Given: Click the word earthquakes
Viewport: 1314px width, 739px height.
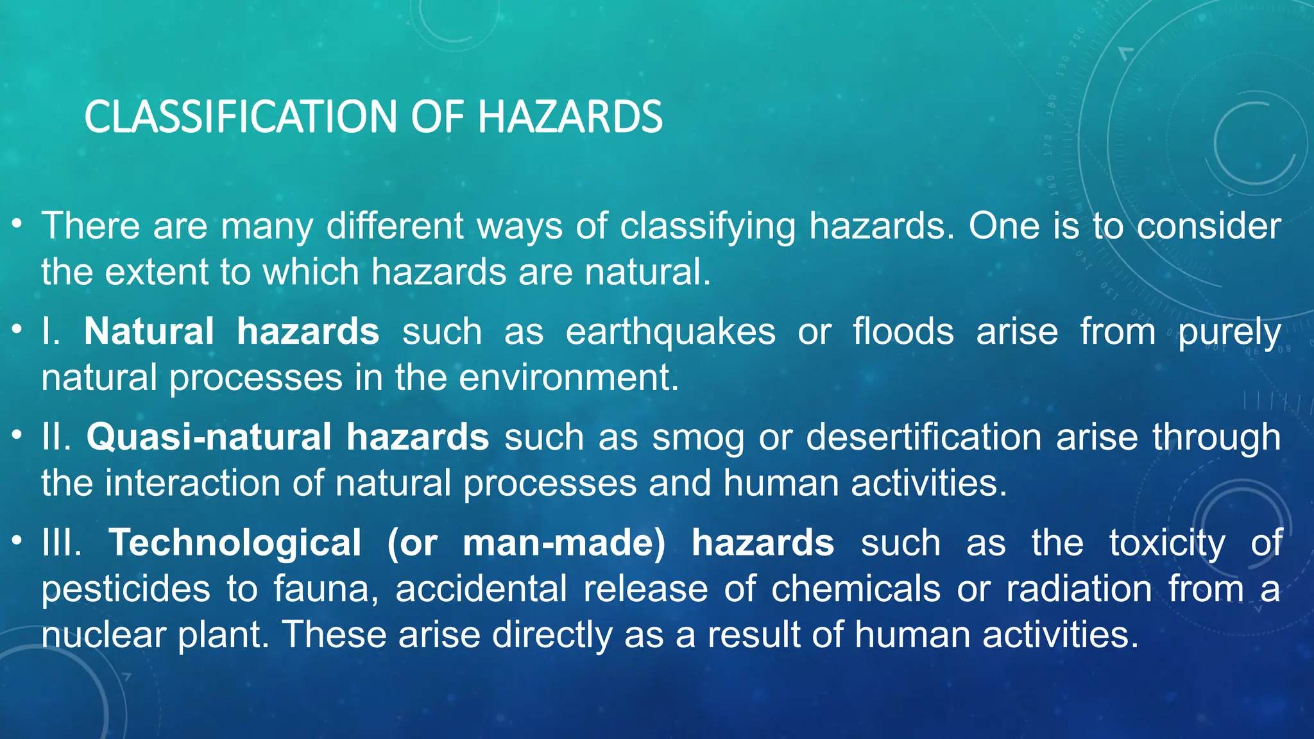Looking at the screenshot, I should click(670, 332).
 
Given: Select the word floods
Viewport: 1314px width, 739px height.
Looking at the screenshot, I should click(903, 332).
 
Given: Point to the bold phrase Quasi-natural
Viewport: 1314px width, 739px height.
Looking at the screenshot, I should click(209, 437).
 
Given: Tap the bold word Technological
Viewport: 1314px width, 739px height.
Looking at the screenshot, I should click(235, 543).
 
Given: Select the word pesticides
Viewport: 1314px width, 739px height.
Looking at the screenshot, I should click(126, 590).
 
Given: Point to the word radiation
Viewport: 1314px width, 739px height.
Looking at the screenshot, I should click(1079, 590).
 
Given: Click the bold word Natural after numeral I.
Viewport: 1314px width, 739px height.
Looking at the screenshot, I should click(149, 332).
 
